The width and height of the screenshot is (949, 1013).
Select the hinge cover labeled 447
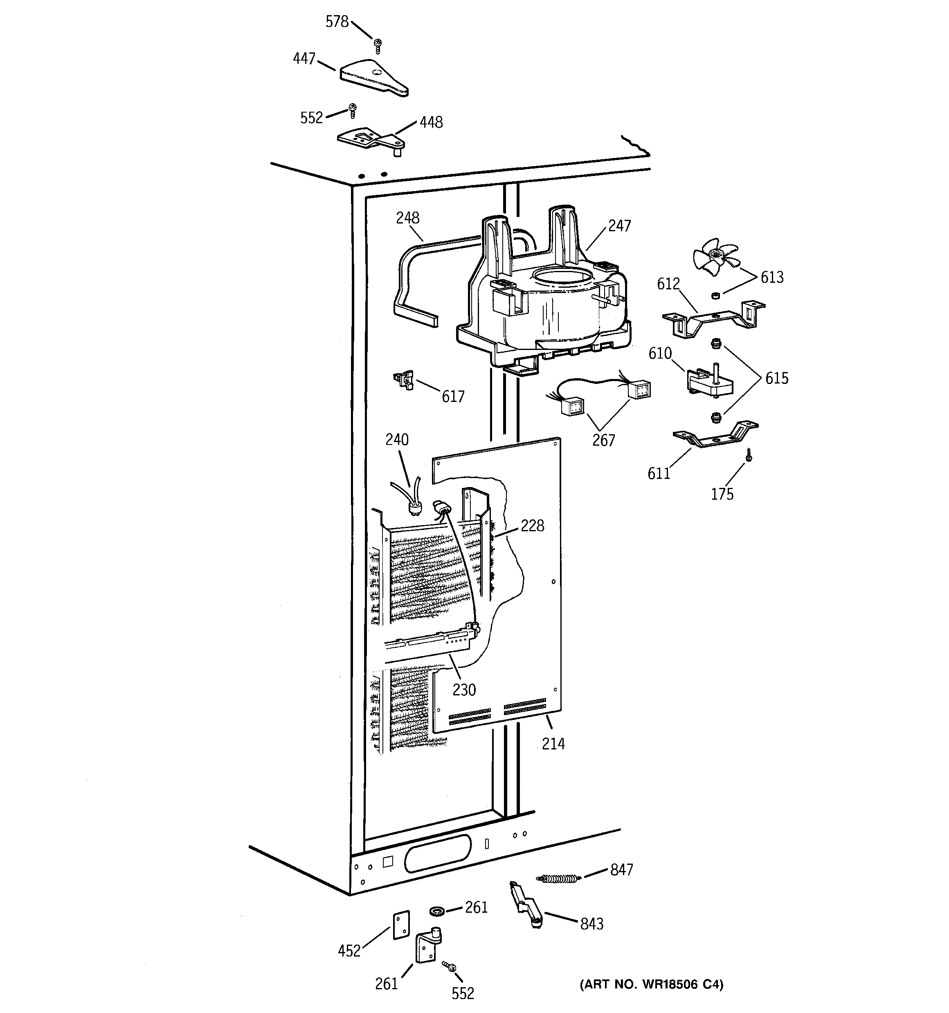pyautogui.click(x=373, y=78)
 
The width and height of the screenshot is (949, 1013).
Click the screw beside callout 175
pyautogui.click(x=748, y=455)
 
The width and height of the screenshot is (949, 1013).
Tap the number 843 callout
pyautogui.click(x=591, y=923)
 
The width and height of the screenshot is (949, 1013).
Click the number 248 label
pyautogui.click(x=407, y=218)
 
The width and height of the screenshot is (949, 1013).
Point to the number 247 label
pyautogui.click(x=619, y=226)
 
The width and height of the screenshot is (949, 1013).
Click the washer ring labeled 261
pyautogui.click(x=436, y=911)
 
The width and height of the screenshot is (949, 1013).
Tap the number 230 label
pyautogui.click(x=463, y=690)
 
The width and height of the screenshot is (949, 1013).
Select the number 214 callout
pyautogui.click(x=553, y=744)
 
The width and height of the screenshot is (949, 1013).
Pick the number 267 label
pyautogui.click(x=603, y=440)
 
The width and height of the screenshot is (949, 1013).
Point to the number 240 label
pyautogui.click(x=396, y=439)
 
